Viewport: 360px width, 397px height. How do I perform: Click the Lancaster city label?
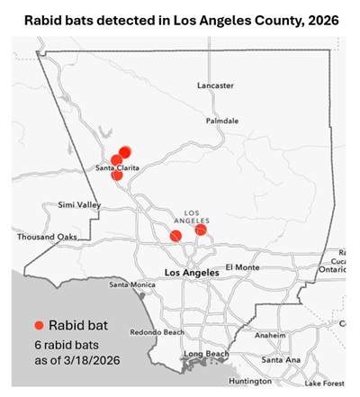[x=215, y=86]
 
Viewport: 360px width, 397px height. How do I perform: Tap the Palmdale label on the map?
[x=221, y=120]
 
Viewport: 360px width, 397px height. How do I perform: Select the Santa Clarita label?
[x=117, y=167]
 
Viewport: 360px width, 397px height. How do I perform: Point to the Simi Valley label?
[x=78, y=205]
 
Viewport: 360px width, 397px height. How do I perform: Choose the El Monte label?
[x=241, y=266]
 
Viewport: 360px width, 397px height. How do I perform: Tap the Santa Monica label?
[x=132, y=284]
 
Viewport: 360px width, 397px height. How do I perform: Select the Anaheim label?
[x=270, y=334]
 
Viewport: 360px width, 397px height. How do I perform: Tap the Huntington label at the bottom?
[x=250, y=381]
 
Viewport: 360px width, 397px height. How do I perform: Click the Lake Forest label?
[x=324, y=383]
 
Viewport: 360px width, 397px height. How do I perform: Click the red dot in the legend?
[x=39, y=326]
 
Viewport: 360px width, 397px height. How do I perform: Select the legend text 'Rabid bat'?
[x=79, y=326]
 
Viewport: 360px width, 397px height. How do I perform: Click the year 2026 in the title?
[x=319, y=19]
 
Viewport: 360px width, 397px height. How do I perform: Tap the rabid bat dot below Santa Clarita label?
[x=117, y=176]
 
